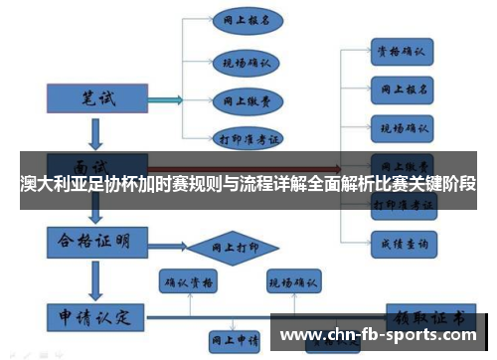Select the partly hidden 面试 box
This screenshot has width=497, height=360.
click(x=96, y=163)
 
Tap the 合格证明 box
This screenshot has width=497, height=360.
click(x=96, y=241)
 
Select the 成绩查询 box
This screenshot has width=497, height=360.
click(x=401, y=242)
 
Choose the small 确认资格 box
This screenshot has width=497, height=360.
click(x=188, y=283)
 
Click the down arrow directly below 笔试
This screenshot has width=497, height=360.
click(x=96, y=131)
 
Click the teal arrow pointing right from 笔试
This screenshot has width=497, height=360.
click(x=164, y=98)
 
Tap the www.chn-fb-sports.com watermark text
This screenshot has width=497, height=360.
click(x=382, y=334)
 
